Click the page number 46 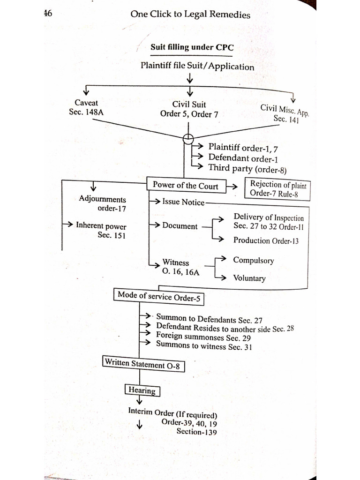click(x=47, y=13)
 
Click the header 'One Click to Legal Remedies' click(x=190, y=15)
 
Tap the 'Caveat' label click(x=86, y=103)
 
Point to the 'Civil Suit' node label click(x=189, y=105)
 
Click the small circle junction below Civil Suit click(x=188, y=138)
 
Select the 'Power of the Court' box click(x=186, y=186)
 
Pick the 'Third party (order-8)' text click(x=247, y=169)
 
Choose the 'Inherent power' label click(x=101, y=225)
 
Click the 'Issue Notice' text click(x=183, y=202)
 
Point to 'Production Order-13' click(x=266, y=240)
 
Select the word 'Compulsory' click(x=254, y=261)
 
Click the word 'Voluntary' click(x=249, y=278)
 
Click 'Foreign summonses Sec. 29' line click(x=203, y=336)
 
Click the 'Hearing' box click(x=142, y=390)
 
